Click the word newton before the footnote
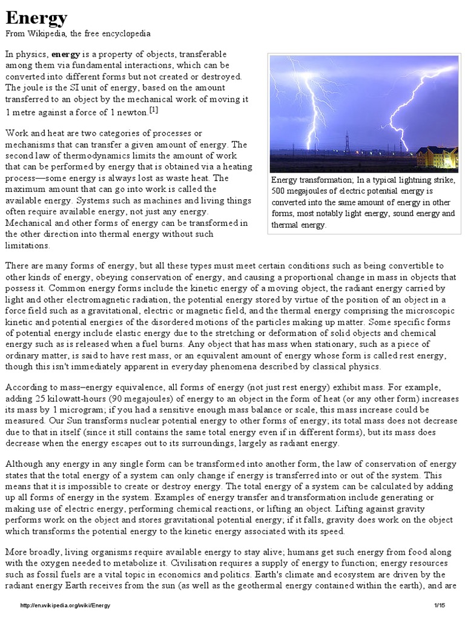pyautogui.click(x=134, y=112)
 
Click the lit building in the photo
pyautogui.click(x=437, y=157)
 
